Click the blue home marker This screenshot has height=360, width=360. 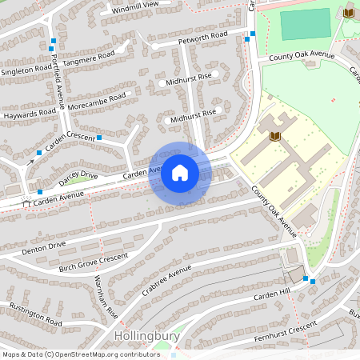tap(180, 172)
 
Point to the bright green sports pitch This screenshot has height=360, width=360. tap(306, 24)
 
